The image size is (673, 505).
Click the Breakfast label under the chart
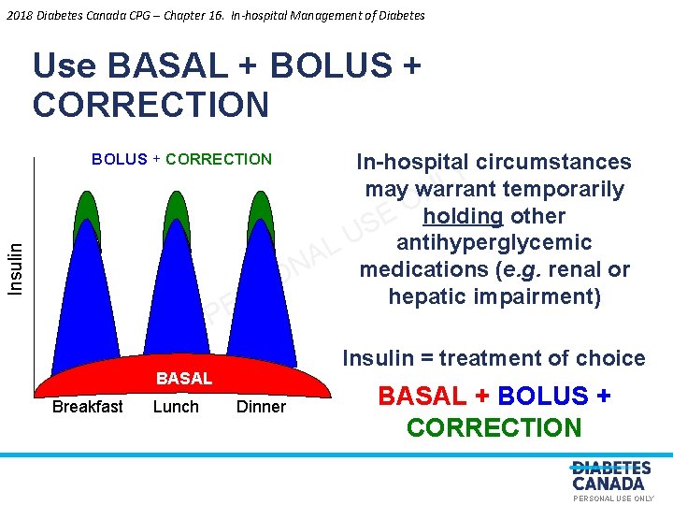click(x=87, y=407)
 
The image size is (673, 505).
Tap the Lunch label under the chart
click(x=176, y=407)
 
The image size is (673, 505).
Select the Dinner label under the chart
click(x=261, y=407)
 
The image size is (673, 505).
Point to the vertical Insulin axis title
click(x=16, y=268)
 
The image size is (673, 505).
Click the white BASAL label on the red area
click(x=184, y=379)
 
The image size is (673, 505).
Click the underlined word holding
click(x=463, y=216)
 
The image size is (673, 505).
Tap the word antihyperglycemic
click(x=494, y=243)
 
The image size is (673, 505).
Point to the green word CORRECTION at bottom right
click(x=494, y=428)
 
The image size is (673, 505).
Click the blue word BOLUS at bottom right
click(x=542, y=397)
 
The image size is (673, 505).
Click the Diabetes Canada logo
click(x=611, y=476)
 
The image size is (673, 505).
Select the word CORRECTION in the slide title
click(x=150, y=104)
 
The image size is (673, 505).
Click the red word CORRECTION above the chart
click(x=219, y=159)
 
